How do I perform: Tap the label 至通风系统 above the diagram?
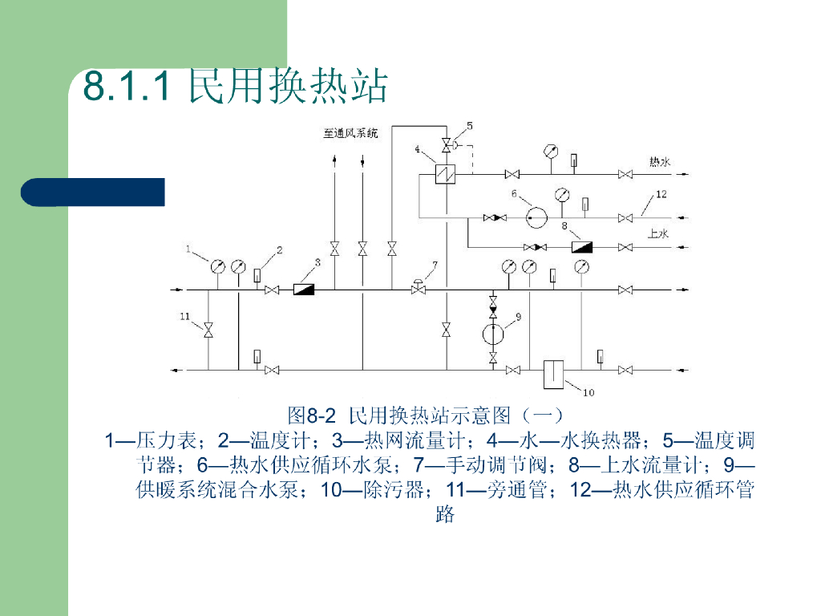tap(350, 132)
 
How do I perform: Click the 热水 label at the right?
tap(659, 161)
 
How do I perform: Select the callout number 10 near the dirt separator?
tap(588, 392)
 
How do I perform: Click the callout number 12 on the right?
tap(661, 194)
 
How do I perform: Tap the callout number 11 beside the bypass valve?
tap(184, 317)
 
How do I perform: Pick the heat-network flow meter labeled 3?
tap(304, 289)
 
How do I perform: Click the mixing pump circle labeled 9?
tap(493, 332)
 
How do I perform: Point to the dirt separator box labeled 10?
tap(554, 375)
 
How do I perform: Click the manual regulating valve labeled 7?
tap(418, 288)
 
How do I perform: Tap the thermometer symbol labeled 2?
tap(257, 276)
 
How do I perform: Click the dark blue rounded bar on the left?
tap(92, 192)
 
